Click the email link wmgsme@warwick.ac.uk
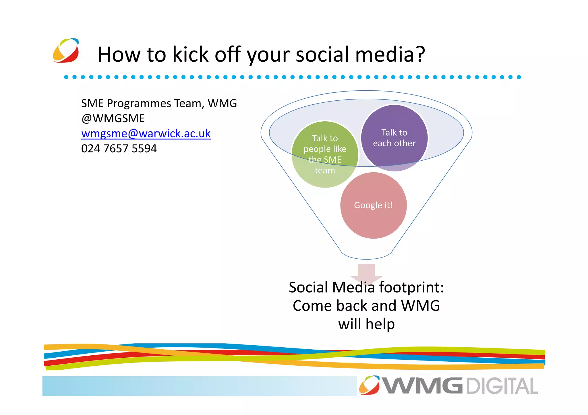146,134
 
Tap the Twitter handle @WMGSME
113,118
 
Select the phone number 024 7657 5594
119,149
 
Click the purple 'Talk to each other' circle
394,138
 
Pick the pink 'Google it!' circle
373,205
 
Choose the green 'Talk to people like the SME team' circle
325,154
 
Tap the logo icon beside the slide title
66,51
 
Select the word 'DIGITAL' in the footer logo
502,386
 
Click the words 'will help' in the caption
366,324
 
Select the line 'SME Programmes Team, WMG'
159,103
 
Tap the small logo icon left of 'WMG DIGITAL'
370,385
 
